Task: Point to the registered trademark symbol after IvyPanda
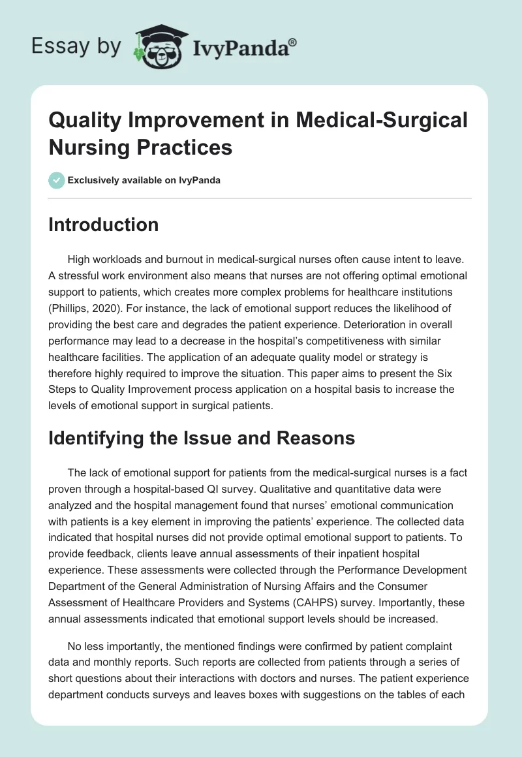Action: point(294,42)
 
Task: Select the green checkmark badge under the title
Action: point(57,180)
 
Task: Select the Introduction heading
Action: point(103,224)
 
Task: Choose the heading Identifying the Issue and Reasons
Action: point(202,437)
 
